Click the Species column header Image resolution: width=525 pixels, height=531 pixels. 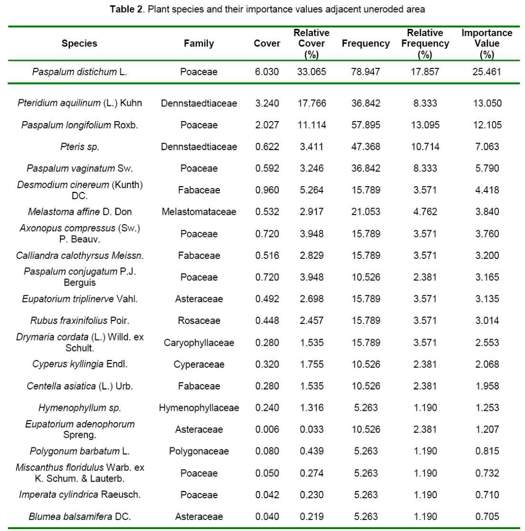click(x=79, y=43)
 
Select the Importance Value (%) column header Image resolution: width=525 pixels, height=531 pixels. click(x=487, y=44)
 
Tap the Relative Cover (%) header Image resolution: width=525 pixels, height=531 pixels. click(x=311, y=44)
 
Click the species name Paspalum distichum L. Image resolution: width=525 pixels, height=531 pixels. click(x=79, y=72)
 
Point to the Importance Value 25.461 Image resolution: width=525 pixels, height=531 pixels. click(x=487, y=72)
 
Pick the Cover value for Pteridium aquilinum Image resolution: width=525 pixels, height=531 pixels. click(x=267, y=103)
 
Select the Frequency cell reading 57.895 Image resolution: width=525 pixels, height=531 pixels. click(x=365, y=125)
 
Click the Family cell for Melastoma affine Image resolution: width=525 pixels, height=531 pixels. click(x=199, y=212)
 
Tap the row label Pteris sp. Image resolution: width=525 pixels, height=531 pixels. click(x=79, y=147)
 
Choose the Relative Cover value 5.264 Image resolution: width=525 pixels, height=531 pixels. click(x=311, y=190)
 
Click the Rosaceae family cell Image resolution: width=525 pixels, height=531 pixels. click(x=199, y=321)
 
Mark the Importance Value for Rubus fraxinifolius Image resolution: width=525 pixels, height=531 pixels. click(x=487, y=321)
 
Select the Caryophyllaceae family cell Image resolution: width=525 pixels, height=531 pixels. click(x=199, y=342)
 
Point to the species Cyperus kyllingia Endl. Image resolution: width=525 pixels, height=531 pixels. click(x=79, y=364)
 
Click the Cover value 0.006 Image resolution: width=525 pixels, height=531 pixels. click(x=267, y=429)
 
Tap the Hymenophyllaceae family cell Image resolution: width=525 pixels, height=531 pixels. click(x=199, y=408)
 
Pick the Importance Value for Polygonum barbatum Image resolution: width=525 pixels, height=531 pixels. click(x=487, y=451)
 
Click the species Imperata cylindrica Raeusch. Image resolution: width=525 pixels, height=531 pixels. click(x=79, y=494)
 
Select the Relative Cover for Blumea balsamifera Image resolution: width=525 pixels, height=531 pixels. click(x=311, y=516)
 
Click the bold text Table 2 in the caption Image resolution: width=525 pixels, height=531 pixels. click(x=126, y=9)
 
